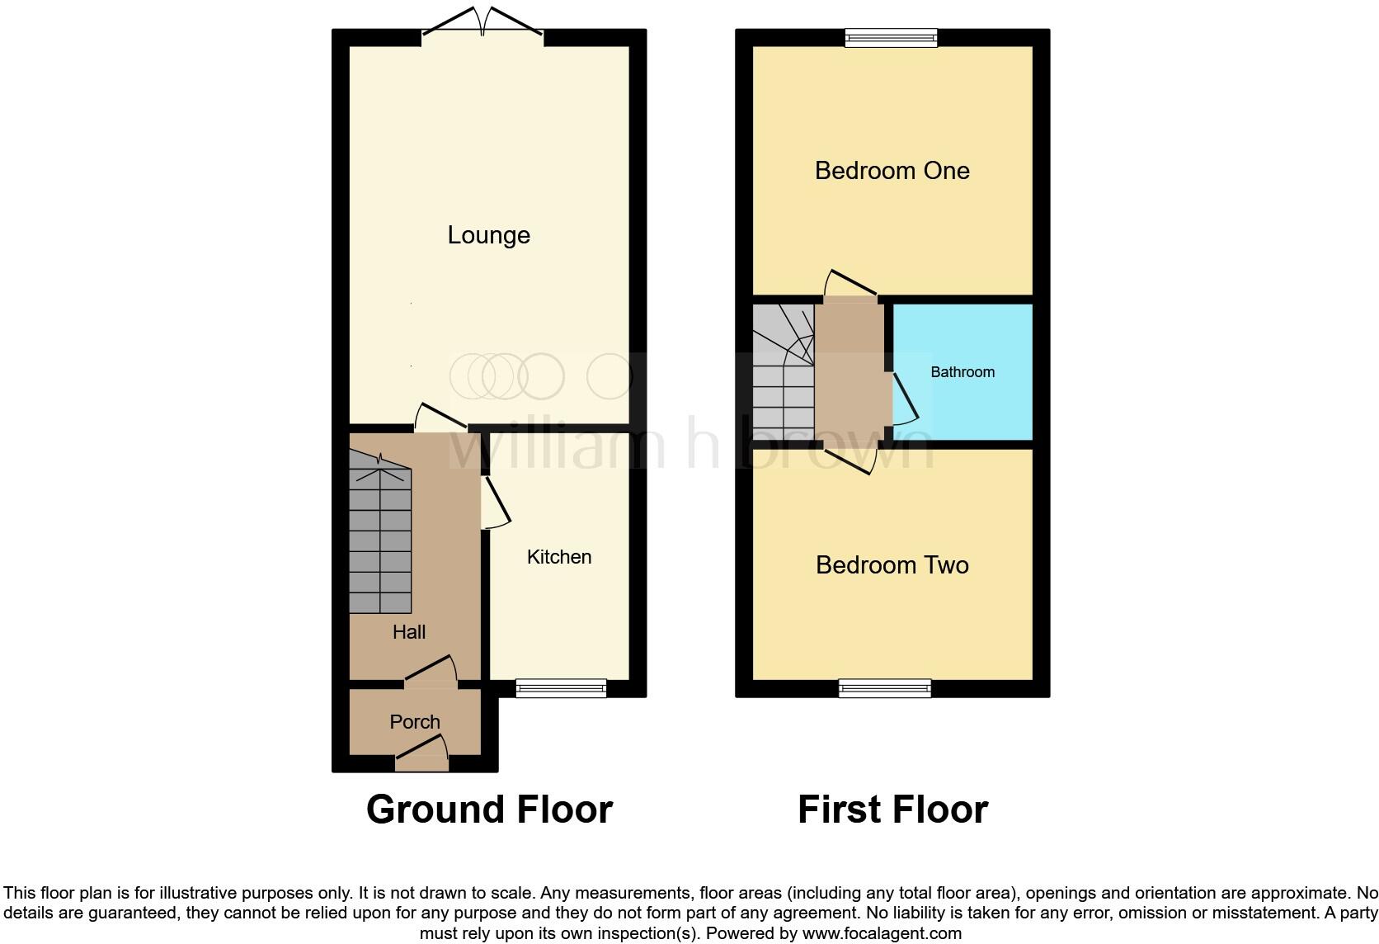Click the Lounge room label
coord(488,235)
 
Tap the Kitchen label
coord(558,557)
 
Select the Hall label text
coord(409,632)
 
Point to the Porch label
coord(414,722)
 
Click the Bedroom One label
coord(892,171)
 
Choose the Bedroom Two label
coord(892,565)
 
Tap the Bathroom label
coord(962,372)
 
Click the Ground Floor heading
coord(489,809)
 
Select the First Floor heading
coord(892,809)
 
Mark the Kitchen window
coord(561,687)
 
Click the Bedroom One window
coord(892,37)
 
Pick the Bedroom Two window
coord(885,687)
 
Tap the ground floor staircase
coord(380,536)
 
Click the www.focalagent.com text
coord(882,933)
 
